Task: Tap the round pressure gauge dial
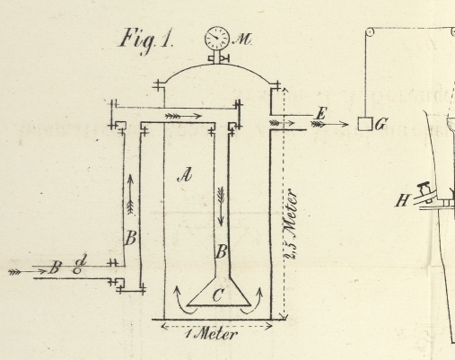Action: [217, 38]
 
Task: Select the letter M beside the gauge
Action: [242, 40]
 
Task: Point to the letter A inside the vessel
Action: [185, 175]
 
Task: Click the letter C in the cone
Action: [218, 295]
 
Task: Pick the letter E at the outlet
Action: [320, 114]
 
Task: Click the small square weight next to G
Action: [365, 124]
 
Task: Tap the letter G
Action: [381, 124]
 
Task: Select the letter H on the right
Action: [402, 200]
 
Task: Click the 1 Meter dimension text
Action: [212, 334]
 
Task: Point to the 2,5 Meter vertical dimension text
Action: [291, 224]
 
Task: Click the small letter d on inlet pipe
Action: [80, 263]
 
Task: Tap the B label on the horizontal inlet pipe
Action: [55, 268]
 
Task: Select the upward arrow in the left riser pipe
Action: [130, 195]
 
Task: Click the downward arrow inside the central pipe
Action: [221, 206]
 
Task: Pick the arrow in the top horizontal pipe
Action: [184, 116]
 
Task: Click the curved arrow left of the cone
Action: [184, 301]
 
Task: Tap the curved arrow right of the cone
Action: [253, 301]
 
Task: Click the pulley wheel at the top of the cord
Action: [370, 31]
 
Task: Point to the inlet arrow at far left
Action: [28, 271]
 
